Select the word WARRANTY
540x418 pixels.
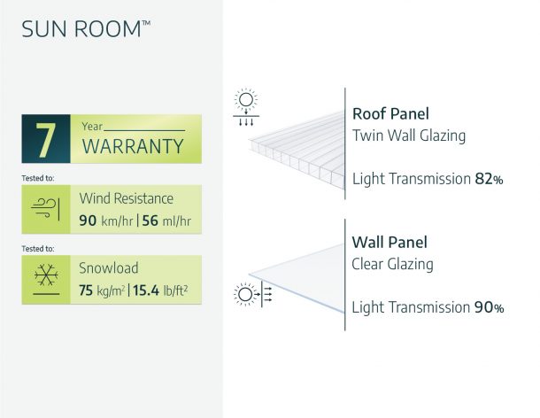[x=133, y=146]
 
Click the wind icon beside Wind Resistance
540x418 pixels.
[x=46, y=208]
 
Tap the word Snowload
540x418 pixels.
[x=109, y=267]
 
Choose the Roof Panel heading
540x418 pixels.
[x=390, y=113]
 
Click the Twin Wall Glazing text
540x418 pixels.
[x=408, y=135]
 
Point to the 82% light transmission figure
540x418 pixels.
[x=488, y=179]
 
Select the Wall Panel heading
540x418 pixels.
[x=390, y=242]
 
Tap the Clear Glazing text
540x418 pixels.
[x=392, y=263]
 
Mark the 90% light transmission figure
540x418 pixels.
[x=488, y=307]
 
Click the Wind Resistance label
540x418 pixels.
[x=126, y=197]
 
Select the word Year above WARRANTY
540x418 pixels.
[x=92, y=126]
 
